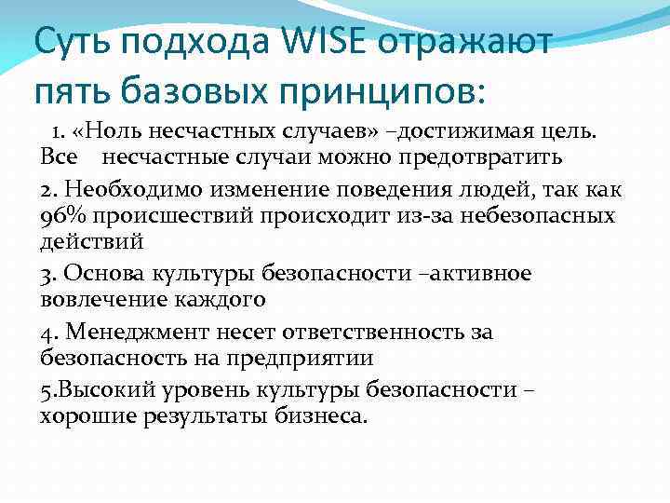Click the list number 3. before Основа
47,275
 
